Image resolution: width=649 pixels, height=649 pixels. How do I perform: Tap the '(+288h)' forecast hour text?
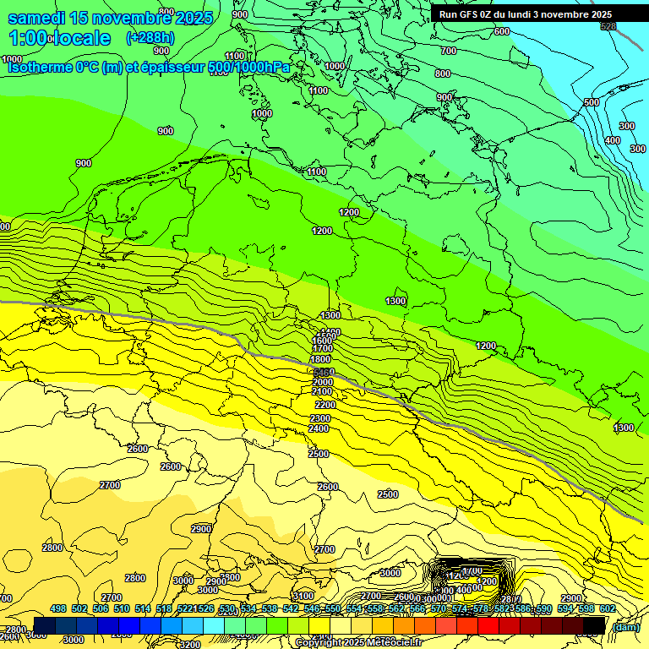point(150,38)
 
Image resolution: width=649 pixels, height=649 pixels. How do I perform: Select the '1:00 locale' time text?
point(59,39)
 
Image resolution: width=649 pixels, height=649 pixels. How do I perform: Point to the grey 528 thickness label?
point(608,27)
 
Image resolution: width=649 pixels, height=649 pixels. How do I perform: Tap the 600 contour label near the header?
point(502,31)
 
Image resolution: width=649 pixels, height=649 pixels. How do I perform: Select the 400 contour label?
point(612,140)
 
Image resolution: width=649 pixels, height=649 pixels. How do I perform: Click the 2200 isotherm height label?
point(324,405)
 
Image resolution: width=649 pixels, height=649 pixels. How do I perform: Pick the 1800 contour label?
point(321,359)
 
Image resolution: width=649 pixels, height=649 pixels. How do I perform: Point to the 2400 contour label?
point(319,428)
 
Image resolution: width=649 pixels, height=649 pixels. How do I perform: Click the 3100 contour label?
point(303,597)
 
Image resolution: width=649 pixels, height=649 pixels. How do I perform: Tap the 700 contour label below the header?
point(449,52)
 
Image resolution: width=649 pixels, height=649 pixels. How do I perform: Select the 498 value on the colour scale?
point(58,608)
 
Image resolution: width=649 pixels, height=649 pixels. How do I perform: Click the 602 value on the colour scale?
point(607,608)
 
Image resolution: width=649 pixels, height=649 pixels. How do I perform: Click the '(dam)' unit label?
point(625,626)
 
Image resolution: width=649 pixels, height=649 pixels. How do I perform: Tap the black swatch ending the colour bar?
point(595,625)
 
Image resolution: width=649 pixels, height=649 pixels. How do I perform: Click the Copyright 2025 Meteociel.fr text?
point(357,643)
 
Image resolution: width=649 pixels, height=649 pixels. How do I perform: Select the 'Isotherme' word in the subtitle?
point(39,67)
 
